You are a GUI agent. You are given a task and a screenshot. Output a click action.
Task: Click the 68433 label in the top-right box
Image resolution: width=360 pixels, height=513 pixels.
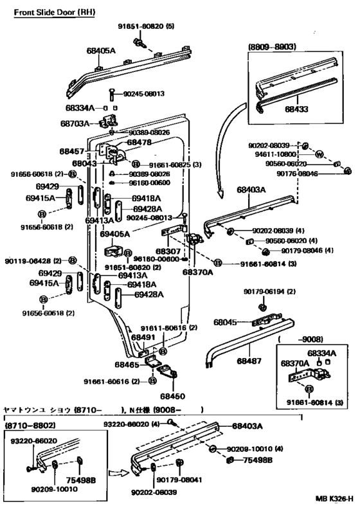pos(296,109)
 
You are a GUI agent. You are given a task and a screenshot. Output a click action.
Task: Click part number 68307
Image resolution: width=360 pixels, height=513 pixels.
pos(166,251)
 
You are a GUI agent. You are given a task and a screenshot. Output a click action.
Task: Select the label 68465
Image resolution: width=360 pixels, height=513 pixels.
pos(129,364)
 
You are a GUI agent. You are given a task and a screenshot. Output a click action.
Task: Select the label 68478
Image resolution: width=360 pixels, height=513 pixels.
pos(139,142)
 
